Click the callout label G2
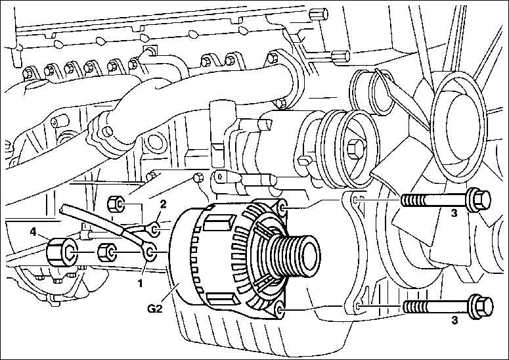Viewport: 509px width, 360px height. tap(154, 308)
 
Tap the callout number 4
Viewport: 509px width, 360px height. tap(32, 231)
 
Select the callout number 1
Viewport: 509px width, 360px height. tap(141, 284)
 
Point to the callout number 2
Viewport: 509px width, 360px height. tap(163, 204)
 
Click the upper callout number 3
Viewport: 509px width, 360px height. tap(454, 213)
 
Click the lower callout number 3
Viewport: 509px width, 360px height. tap(454, 320)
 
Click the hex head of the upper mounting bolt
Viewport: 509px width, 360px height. tap(479, 199)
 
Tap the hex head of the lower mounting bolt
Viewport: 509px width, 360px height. tap(481, 305)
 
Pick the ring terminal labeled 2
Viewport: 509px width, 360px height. tap(155, 230)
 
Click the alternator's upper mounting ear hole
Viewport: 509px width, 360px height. tap(283, 208)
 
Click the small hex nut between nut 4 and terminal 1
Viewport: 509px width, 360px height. tap(108, 252)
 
